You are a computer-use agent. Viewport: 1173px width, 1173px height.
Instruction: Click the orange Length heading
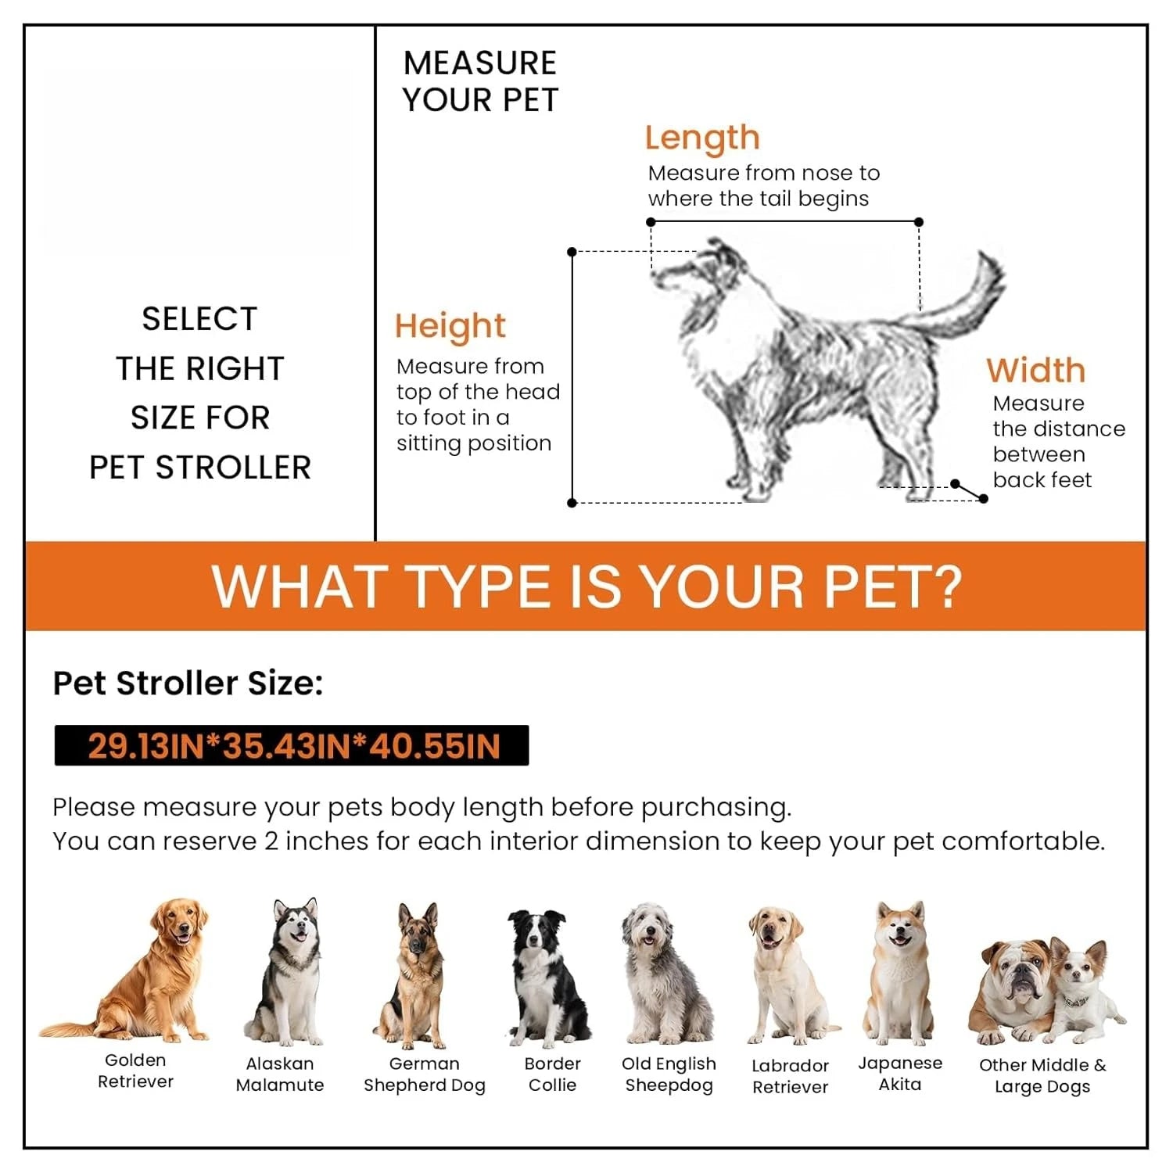click(x=702, y=139)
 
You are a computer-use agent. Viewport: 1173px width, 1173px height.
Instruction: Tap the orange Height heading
click(x=450, y=327)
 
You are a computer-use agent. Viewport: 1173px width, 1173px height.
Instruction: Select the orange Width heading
click(x=1036, y=370)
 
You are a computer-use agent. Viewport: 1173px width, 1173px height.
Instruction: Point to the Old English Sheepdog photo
click(x=666, y=974)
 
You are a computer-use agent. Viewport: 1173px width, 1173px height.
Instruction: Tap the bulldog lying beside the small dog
click(x=1013, y=992)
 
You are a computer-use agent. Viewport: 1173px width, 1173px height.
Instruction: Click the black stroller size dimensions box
click(x=292, y=745)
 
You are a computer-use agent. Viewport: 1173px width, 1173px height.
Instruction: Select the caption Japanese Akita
click(x=900, y=1074)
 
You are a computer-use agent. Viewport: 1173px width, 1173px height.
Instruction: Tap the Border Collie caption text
click(x=552, y=1074)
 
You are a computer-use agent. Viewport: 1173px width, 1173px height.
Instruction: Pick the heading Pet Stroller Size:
click(x=188, y=683)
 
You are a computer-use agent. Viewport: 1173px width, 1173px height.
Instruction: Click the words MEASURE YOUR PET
click(x=480, y=81)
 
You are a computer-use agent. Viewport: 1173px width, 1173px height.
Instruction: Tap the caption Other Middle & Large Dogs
click(x=1042, y=1076)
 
